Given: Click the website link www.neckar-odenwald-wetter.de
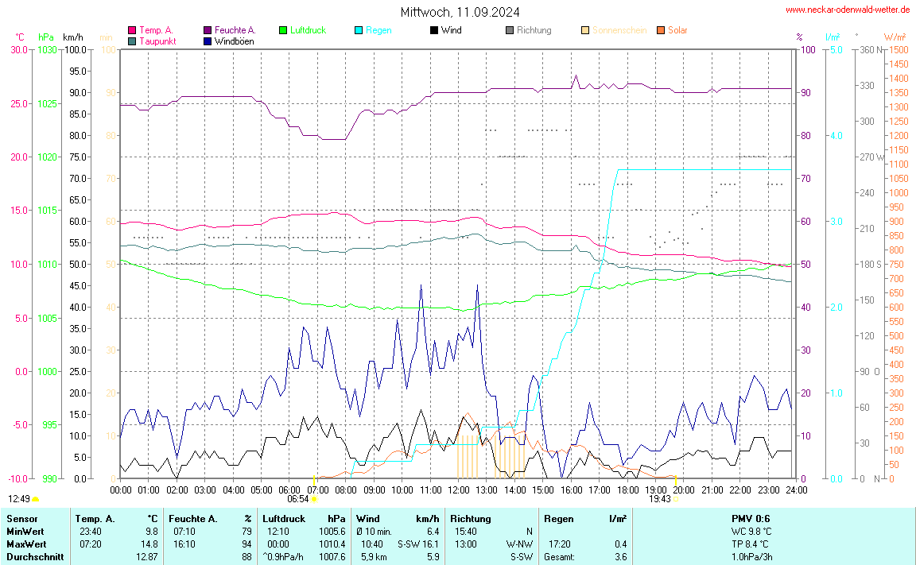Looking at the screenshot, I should click(x=848, y=10).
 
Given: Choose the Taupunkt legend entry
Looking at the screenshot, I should click(x=157, y=41).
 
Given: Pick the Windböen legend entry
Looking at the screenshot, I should click(x=234, y=41).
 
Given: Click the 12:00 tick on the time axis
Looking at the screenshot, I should click(x=459, y=490).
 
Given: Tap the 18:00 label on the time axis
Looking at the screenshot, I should click(x=627, y=490).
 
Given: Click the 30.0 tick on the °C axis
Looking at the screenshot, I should click(x=18, y=49).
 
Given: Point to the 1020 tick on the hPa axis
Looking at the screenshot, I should click(x=47, y=157).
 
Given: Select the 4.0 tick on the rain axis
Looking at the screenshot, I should click(x=836, y=136).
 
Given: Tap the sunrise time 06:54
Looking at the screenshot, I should click(x=297, y=499).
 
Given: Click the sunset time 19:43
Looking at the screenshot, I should click(x=659, y=499).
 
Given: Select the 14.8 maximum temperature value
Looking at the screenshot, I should click(x=150, y=544).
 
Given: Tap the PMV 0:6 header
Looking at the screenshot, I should click(x=751, y=518).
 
